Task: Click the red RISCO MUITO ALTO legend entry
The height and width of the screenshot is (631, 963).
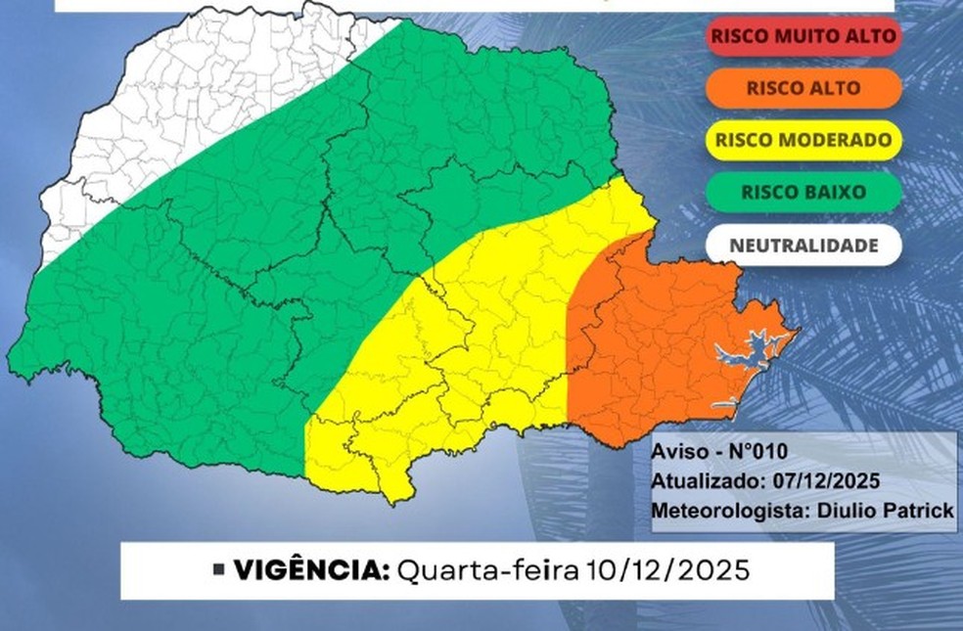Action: point(802,36)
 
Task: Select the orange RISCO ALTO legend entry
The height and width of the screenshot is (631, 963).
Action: point(802,87)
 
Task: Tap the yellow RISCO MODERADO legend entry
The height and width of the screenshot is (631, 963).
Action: point(802,140)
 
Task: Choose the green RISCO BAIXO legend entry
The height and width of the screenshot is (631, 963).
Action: point(802,192)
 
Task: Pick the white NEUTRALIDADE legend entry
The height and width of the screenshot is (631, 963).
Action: point(802,245)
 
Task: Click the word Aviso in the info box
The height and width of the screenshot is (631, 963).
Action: point(675,451)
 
